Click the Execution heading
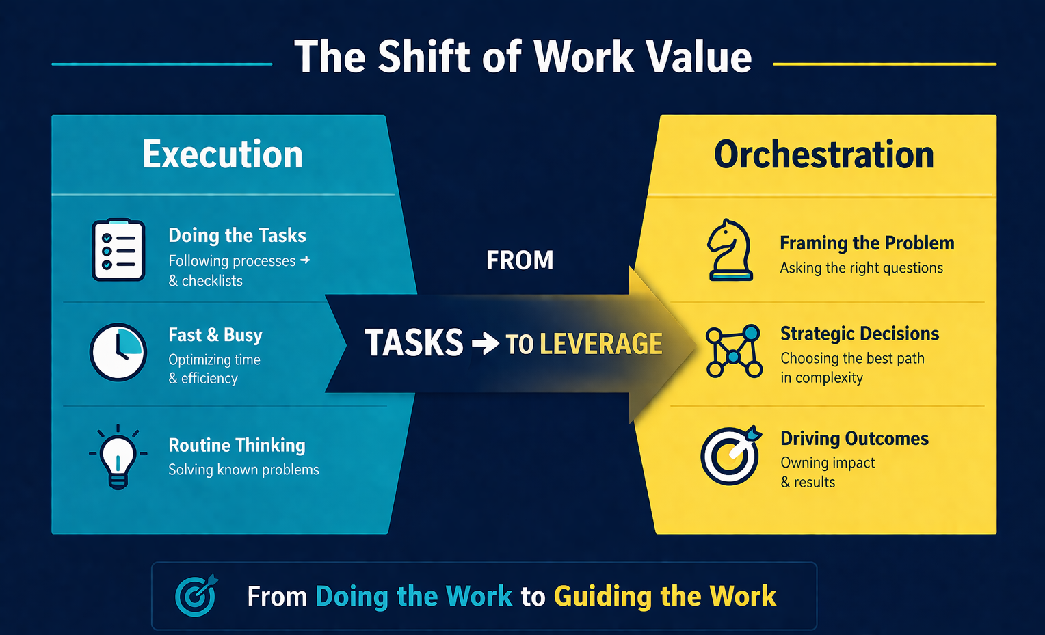pyautogui.click(x=222, y=154)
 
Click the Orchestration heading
pyautogui.click(x=824, y=154)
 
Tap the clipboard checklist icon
pyautogui.click(x=118, y=249)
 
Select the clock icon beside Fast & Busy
pyautogui.click(x=118, y=352)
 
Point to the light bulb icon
pyautogui.click(x=118, y=457)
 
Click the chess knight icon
pyautogui.click(x=730, y=249)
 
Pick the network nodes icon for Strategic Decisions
pyautogui.click(x=734, y=351)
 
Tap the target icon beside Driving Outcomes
pyautogui.click(x=730, y=455)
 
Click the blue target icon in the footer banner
pyautogui.click(x=196, y=595)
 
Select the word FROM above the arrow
pyautogui.click(x=520, y=260)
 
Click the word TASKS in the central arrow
pyautogui.click(x=414, y=342)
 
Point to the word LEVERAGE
pyautogui.click(x=601, y=344)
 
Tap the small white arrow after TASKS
pyautogui.click(x=485, y=344)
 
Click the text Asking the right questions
pyautogui.click(x=862, y=268)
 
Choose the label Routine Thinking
pyautogui.click(x=237, y=445)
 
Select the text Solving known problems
pyautogui.click(x=243, y=470)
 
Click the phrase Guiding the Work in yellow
pyautogui.click(x=665, y=596)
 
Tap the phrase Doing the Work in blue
pyautogui.click(x=414, y=596)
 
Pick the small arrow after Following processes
pyautogui.click(x=306, y=260)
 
